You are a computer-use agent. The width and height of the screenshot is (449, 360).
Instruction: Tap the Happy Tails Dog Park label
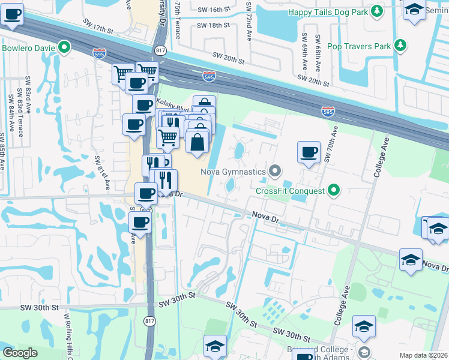(327, 11)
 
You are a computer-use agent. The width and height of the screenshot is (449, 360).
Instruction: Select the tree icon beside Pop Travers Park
(399, 46)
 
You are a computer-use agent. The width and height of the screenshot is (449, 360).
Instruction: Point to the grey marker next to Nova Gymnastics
(275, 172)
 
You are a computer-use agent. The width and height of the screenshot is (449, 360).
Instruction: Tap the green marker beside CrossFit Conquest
(334, 191)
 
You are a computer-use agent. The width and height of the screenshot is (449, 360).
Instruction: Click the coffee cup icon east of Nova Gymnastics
(309, 152)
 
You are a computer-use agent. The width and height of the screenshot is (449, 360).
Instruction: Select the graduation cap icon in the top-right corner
(414, 10)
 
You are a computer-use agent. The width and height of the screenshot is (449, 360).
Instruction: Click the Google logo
(20, 353)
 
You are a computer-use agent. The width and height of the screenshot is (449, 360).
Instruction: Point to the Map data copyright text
(423, 355)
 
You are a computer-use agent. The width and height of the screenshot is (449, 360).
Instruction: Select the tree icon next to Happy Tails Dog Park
(376, 11)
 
